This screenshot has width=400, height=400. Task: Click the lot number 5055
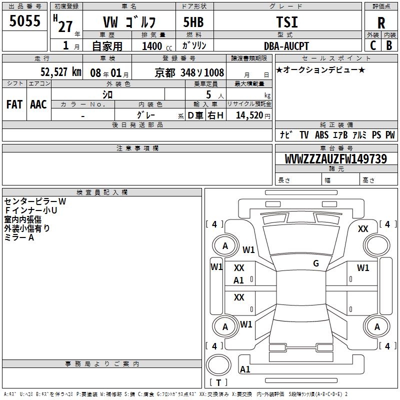25,21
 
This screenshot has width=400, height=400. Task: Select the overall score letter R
381,22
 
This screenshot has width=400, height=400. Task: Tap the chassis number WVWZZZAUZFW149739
336,159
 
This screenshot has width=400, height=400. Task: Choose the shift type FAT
14,104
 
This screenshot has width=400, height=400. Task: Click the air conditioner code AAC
38,104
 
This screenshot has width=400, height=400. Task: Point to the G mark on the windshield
316,263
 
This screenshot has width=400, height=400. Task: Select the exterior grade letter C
372,45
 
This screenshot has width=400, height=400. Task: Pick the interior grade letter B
389,45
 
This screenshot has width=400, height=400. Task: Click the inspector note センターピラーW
35,201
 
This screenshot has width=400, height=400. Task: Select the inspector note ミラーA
19,237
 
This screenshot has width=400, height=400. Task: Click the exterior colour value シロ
107,94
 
